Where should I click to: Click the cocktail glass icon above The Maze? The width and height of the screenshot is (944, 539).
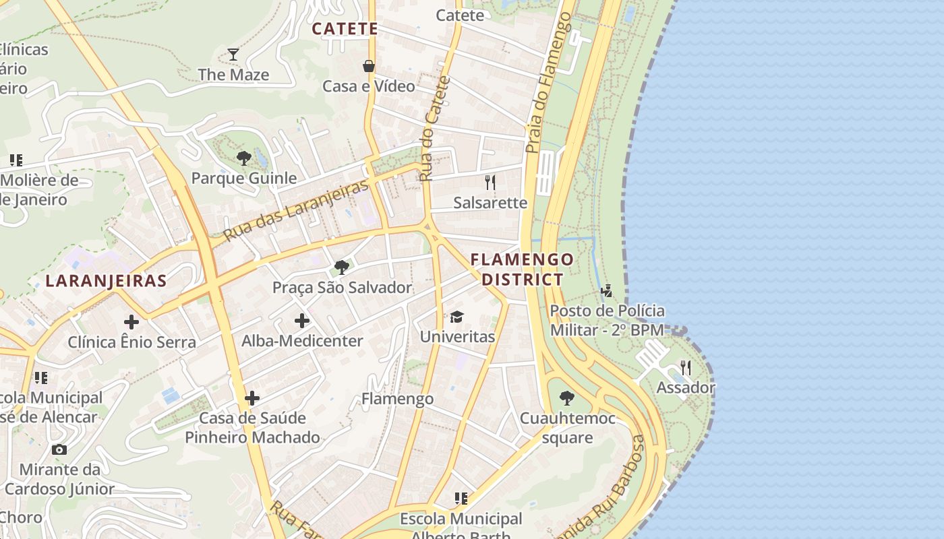pos(233,55)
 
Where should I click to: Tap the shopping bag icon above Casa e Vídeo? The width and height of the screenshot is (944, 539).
pos(369,66)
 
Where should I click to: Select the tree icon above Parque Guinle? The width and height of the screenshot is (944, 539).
pos(244,158)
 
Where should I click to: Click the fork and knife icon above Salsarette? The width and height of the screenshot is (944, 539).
pos(490,182)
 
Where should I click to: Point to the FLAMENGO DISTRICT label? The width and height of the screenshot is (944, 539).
pos(522,269)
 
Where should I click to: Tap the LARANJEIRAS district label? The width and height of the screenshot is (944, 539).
pos(106,281)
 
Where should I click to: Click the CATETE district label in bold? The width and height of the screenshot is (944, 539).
pos(345,29)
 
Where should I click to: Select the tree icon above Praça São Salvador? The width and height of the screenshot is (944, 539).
pos(342,267)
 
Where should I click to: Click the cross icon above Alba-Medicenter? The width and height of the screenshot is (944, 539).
pos(302,321)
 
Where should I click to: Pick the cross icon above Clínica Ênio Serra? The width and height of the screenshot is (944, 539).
pos(131,322)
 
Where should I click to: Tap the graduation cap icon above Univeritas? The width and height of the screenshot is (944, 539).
pos(457,317)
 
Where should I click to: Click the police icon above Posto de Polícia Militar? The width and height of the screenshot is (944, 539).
pos(607,291)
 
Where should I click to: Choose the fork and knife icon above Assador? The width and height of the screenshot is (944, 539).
pos(686,367)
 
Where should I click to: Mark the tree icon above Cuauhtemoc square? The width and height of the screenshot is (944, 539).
pos(567,398)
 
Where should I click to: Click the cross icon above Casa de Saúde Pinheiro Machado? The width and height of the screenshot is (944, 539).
pos(252,398)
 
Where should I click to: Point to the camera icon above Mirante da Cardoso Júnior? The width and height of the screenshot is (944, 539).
pos(59,449)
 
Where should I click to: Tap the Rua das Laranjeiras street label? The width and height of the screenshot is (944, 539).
pos(296,210)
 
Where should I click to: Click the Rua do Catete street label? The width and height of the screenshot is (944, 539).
pos(434,128)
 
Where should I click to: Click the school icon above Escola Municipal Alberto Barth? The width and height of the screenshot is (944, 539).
pos(461,499)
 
